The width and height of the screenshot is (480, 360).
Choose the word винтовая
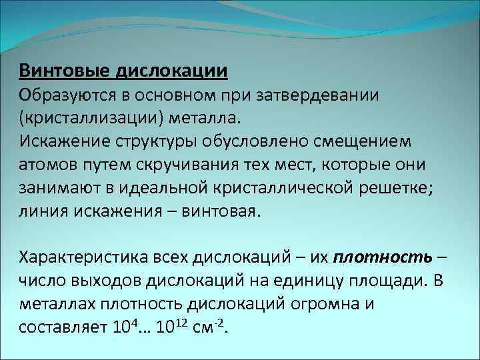pyautogui.click(x=225, y=211)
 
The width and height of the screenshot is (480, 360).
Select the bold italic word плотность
pyautogui.click(x=383, y=257)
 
